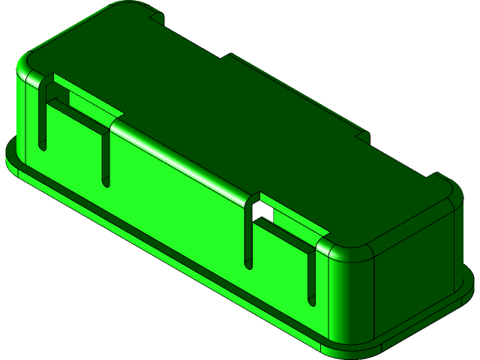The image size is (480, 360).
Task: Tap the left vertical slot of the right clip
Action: (x=248, y=232)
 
